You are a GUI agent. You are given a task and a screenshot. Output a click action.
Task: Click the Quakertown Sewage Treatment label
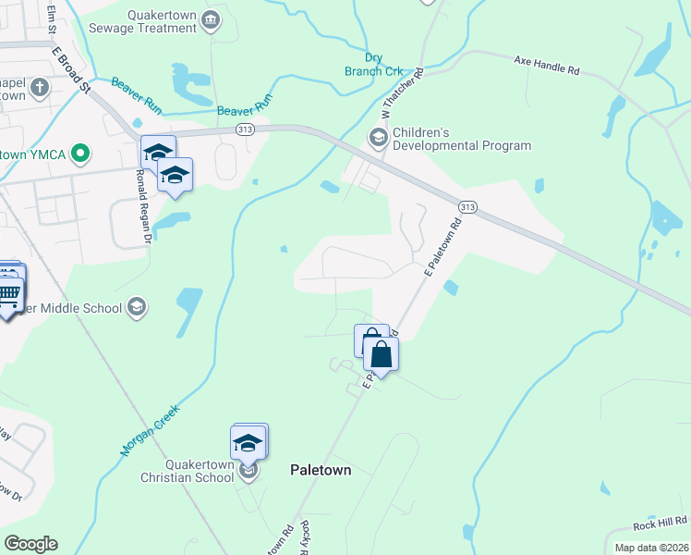pyautogui.click(x=150, y=20)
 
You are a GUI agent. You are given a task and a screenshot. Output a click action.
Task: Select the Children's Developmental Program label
pyautogui.click(x=461, y=139)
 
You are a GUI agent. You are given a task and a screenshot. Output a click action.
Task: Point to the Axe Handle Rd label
pyautogui.click(x=546, y=64)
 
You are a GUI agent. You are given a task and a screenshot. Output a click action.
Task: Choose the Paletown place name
pyautogui.click(x=321, y=470)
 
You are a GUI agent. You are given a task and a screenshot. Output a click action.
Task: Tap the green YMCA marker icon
pyautogui.click(x=80, y=153)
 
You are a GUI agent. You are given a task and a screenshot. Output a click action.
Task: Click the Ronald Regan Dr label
pyautogui.click(x=142, y=206)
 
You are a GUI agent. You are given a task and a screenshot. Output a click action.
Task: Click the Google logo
pyautogui.click(x=30, y=544)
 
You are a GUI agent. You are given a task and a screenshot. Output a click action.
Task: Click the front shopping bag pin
pyautogui.click(x=381, y=353)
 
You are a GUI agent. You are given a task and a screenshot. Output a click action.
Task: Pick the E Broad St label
pyautogui.click(x=70, y=69)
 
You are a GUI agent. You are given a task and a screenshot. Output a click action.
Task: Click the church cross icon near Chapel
pyautogui.click(x=39, y=88)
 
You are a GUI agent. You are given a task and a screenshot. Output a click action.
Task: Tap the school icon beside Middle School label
pyautogui.click(x=137, y=307)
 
